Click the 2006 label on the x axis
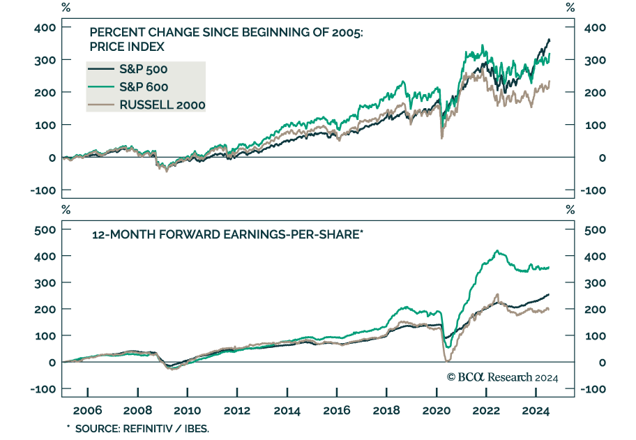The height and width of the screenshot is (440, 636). [x=88, y=411]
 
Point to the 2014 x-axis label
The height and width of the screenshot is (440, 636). [x=287, y=411]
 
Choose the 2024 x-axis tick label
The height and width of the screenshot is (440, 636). [x=533, y=411]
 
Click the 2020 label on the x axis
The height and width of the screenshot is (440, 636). [x=435, y=411]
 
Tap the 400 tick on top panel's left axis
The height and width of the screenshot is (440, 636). [x=44, y=27]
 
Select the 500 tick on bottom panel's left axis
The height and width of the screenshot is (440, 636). [x=44, y=229]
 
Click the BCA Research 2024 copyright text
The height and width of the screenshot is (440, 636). [x=502, y=377]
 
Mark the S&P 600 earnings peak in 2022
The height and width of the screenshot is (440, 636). [x=497, y=251]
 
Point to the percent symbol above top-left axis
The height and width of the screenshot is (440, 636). [x=66, y=8]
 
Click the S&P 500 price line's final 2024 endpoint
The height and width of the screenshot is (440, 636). [x=550, y=39]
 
